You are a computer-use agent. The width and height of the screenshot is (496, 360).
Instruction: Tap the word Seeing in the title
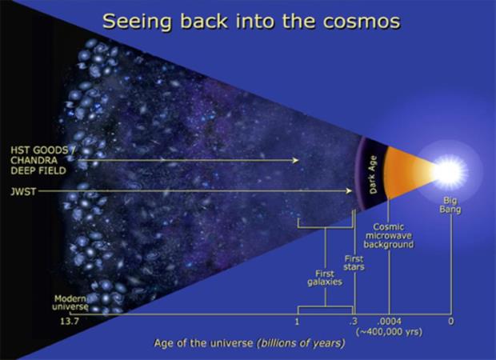[x=138, y=22]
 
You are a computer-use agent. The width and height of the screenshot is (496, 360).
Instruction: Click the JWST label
[x=23, y=192]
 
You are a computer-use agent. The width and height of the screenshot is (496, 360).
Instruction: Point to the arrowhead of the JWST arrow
[x=349, y=190]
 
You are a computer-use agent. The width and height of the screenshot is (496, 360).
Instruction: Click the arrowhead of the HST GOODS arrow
[x=295, y=160]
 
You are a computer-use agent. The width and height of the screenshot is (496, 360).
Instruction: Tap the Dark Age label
[x=374, y=174]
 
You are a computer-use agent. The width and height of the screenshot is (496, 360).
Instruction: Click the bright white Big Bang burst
[x=449, y=172]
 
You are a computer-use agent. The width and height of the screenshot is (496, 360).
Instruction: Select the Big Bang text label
[x=450, y=205]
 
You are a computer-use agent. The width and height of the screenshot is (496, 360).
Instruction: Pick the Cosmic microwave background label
[x=389, y=236]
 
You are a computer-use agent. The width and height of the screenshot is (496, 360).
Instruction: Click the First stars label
[x=354, y=263]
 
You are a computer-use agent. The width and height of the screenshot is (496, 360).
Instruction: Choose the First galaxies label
[x=325, y=278]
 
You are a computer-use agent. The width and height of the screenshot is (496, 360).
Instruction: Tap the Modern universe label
[x=70, y=302]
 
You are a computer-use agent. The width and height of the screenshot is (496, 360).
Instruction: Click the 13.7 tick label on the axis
[x=70, y=322]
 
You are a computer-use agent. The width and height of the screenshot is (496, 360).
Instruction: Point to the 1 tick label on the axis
[x=297, y=322]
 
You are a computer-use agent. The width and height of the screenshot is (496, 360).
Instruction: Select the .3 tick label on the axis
[x=353, y=322]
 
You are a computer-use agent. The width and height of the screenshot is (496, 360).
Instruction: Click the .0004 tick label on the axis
[x=389, y=322]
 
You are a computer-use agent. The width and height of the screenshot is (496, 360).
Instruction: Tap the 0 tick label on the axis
[x=450, y=322]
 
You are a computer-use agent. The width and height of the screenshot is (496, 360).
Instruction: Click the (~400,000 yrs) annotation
[x=389, y=332]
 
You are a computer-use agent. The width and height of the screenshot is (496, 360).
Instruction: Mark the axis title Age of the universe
[x=203, y=343]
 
